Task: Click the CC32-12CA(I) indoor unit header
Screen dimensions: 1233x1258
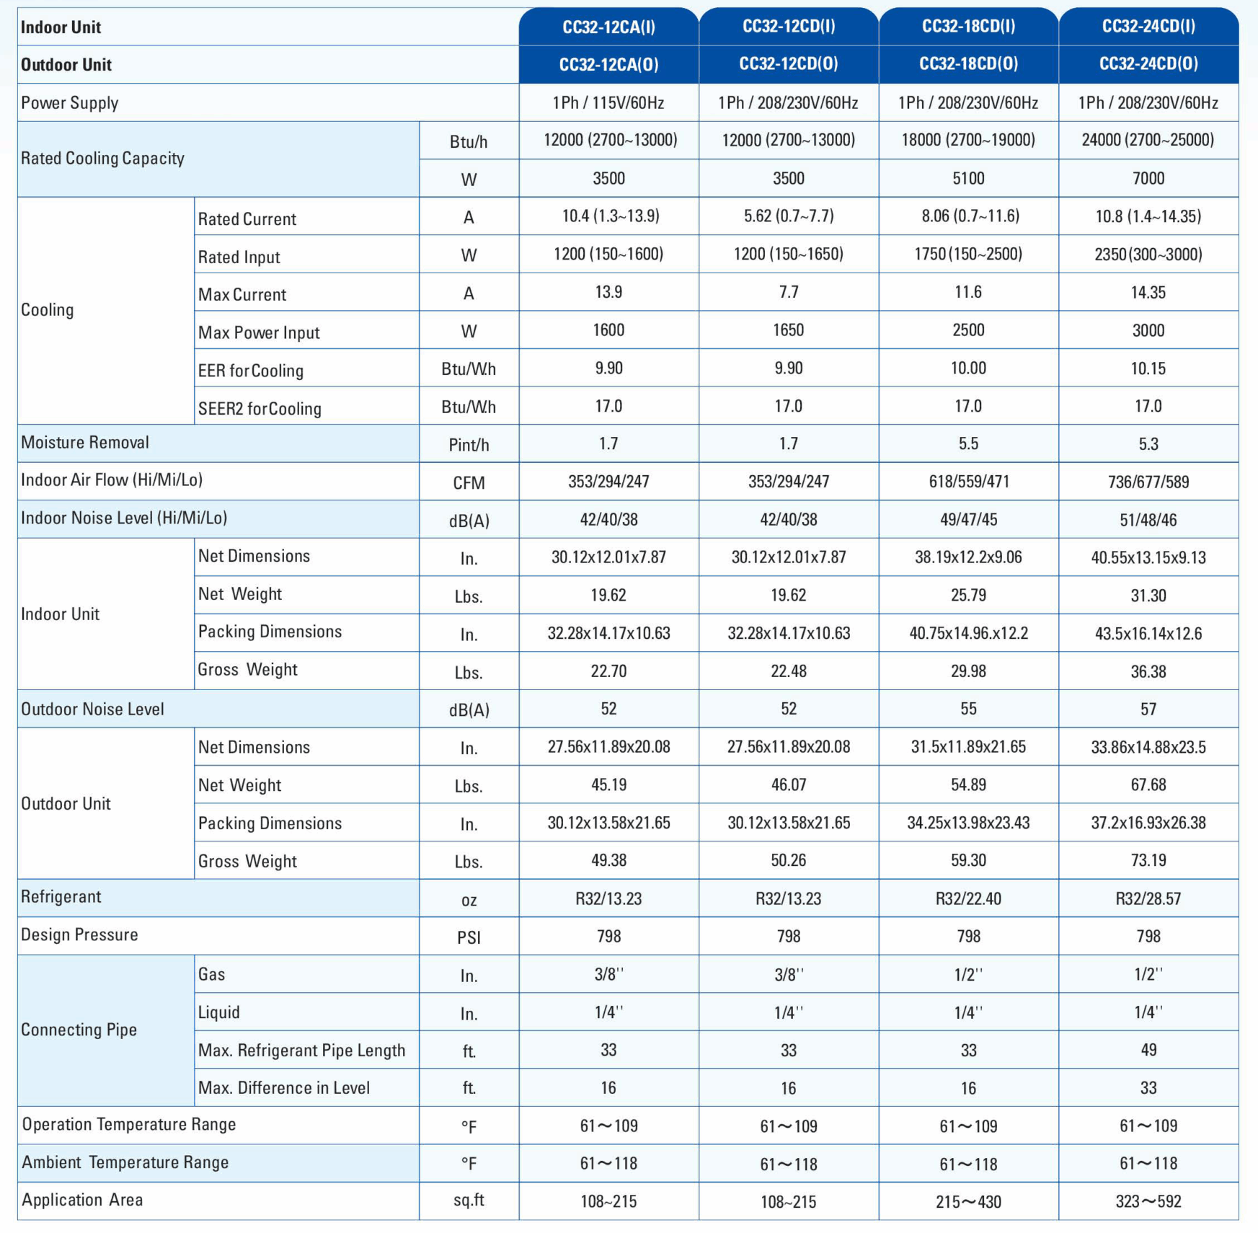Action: point(608,27)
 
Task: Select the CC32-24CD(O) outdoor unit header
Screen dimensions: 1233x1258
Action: point(1148,64)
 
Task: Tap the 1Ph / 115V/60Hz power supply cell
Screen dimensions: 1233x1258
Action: point(608,103)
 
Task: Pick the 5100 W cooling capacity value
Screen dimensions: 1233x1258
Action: point(968,179)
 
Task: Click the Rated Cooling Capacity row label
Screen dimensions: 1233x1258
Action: point(102,159)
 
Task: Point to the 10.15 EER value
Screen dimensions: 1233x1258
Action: point(1148,369)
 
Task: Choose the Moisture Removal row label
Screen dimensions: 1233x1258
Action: point(85,443)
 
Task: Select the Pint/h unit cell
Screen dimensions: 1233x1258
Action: point(469,445)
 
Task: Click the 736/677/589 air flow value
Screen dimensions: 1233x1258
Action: point(1148,482)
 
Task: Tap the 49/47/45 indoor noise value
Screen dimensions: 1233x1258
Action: point(968,520)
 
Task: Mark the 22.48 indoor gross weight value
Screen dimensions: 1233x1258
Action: point(789,671)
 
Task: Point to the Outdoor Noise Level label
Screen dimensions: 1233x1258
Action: point(92,710)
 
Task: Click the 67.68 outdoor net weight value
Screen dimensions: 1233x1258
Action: point(1148,785)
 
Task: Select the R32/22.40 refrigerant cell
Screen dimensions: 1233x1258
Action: point(968,899)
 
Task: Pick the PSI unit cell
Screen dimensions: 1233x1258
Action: point(469,937)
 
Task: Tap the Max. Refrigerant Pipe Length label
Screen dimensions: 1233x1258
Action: point(301,1051)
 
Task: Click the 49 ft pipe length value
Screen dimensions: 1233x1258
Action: point(1148,1051)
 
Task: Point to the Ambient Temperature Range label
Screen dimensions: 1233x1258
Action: point(125,1162)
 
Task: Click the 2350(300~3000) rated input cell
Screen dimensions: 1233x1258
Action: point(1148,255)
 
